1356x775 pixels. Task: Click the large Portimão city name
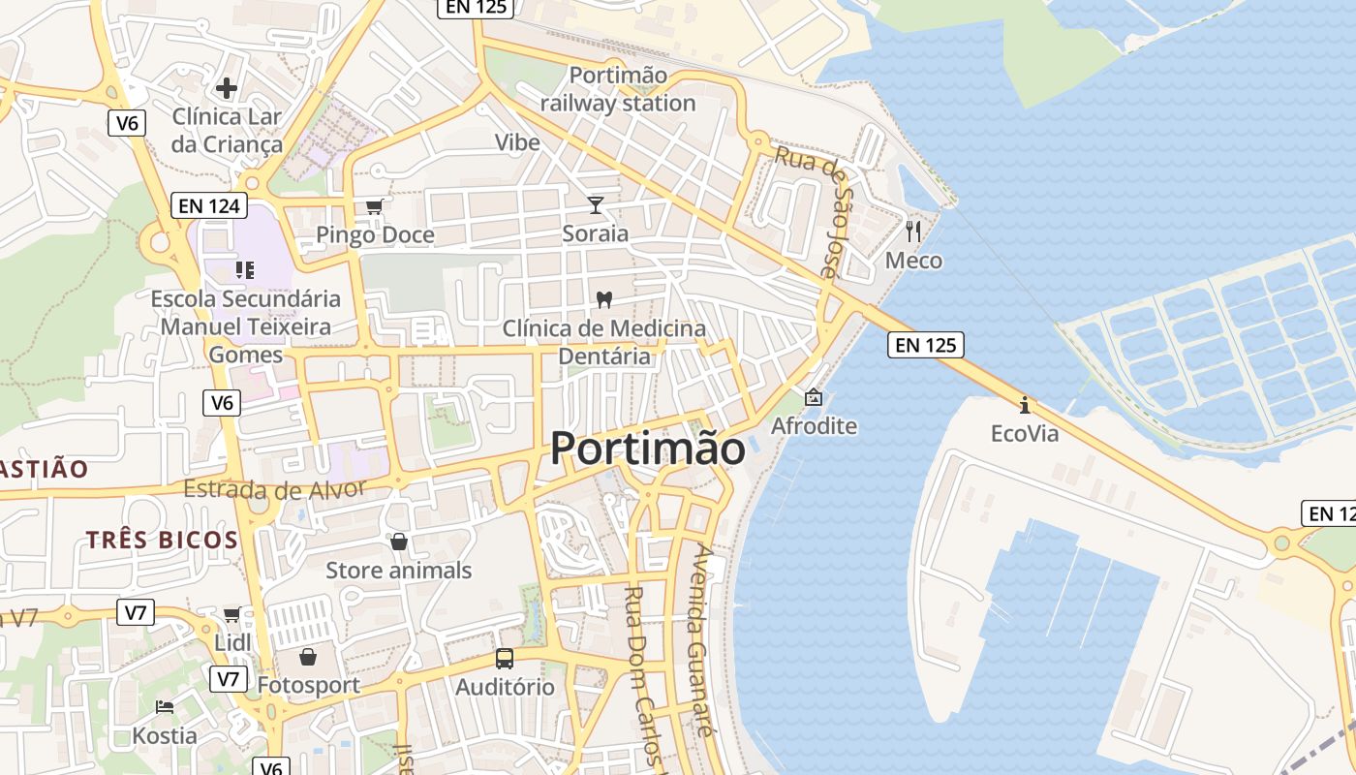(648, 449)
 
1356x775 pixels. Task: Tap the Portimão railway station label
(618, 89)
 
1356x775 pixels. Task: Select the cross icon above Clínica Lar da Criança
(227, 88)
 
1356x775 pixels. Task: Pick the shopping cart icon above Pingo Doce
(374, 206)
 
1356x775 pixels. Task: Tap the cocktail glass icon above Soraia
(595, 205)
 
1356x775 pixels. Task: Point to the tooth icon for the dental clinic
(604, 300)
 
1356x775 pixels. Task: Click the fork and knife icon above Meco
(913, 231)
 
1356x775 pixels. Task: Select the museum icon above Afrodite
(814, 397)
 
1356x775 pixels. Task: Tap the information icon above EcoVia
(1025, 404)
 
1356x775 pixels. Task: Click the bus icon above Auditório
(505, 659)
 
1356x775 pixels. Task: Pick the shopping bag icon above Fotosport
(308, 657)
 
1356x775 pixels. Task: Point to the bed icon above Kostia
(165, 707)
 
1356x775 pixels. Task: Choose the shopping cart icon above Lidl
(231, 614)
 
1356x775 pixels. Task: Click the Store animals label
(398, 570)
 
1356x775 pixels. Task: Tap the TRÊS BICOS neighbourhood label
(162, 540)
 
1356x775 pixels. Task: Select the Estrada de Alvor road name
(274, 489)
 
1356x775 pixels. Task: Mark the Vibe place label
(517, 142)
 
